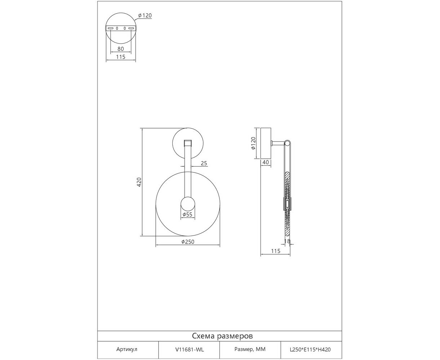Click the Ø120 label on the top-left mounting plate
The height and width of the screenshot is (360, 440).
(145, 15)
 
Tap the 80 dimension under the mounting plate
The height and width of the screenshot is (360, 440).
(121, 49)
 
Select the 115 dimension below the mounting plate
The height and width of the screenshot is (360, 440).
(121, 57)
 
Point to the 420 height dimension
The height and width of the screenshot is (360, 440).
(139, 182)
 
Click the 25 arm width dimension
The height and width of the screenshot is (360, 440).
(204, 163)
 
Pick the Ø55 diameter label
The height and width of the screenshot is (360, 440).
(187, 215)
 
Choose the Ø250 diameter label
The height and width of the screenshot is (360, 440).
(188, 242)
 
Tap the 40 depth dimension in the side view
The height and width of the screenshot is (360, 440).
(266, 162)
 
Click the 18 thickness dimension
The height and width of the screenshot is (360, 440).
(287, 241)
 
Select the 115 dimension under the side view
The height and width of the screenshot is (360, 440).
(276, 251)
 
